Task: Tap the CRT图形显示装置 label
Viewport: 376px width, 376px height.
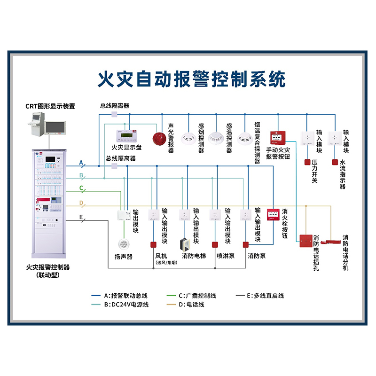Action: tap(50, 106)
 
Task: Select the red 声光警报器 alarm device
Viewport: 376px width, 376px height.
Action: tap(159, 138)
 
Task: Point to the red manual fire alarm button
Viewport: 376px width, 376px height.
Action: tap(278, 138)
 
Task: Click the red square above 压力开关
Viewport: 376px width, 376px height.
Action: tap(307, 163)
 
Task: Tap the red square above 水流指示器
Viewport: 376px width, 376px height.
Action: tap(335, 163)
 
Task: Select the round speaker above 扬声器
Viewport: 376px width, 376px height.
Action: tap(124, 244)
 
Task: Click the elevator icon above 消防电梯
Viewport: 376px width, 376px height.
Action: tap(184, 244)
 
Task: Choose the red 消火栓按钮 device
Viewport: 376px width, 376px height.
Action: tap(273, 215)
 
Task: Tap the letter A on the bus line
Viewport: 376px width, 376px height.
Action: tap(81, 163)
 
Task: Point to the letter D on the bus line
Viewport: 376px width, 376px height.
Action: tap(81, 203)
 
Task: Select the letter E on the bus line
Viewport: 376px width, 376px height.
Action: tap(81, 218)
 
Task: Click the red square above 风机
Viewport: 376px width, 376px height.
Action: tap(153, 244)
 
